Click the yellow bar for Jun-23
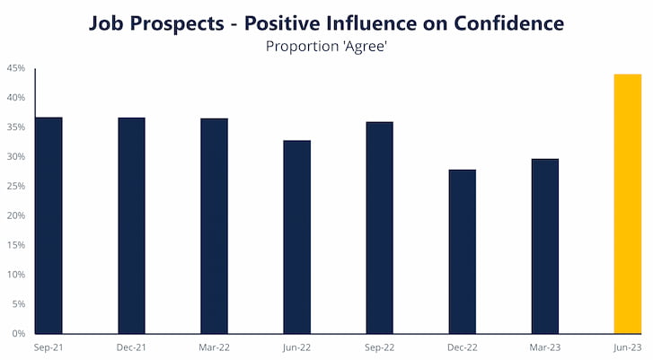click(628, 204)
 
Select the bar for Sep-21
click(49, 225)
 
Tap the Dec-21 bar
click(132, 225)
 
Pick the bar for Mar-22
click(214, 226)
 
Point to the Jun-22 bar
click(297, 237)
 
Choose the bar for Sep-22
click(379, 228)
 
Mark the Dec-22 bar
click(463, 251)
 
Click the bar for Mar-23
click(545, 246)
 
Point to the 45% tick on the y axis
click(16, 68)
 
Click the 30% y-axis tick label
click(16, 156)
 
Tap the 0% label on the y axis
click(19, 333)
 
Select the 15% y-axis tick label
click(16, 245)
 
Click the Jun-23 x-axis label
click(628, 347)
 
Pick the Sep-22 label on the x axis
click(379, 347)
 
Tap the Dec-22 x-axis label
click(463, 347)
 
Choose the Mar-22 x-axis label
click(214, 347)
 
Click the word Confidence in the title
click(509, 22)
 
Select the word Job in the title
click(107, 23)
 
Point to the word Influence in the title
click(372, 22)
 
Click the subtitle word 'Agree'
click(366, 46)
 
